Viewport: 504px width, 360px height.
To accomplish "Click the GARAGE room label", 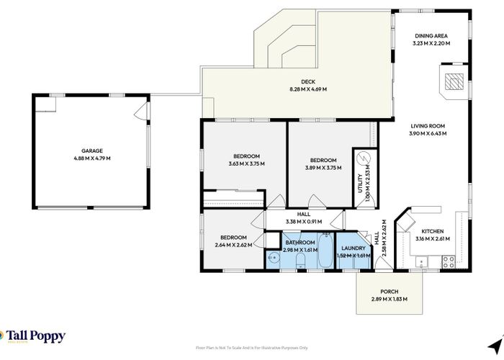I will pos(91,151).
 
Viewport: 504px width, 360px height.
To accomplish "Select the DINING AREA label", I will pos(431,36).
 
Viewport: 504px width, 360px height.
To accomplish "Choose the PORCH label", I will pos(389,292).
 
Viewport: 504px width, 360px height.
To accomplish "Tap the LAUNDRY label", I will pos(354,249).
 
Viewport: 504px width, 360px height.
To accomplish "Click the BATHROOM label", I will pos(300,243).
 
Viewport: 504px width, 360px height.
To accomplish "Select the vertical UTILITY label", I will pos(361,180).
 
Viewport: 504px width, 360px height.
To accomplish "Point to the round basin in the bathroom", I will pos(274,258).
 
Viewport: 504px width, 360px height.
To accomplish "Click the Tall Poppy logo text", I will pos(36,336).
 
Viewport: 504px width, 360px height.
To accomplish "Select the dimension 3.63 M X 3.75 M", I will pos(246,164).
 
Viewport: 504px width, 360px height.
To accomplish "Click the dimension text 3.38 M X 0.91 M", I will pos(303,222).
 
